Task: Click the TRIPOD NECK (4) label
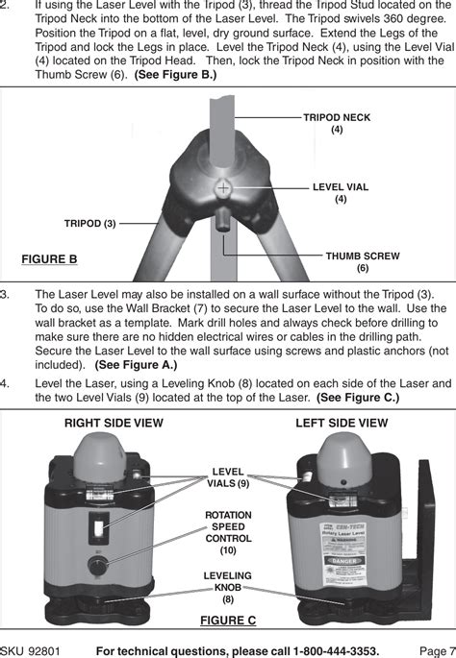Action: [x=337, y=123]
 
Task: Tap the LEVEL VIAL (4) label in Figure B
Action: [x=341, y=193]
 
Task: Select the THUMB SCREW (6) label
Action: [x=362, y=262]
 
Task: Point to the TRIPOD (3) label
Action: [x=89, y=223]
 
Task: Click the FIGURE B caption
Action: [x=49, y=259]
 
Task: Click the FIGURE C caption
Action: [x=228, y=620]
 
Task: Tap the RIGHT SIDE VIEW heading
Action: [x=114, y=423]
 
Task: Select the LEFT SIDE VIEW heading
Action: [x=342, y=423]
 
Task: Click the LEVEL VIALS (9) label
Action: [x=229, y=477]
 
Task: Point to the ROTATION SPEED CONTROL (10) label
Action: [x=228, y=532]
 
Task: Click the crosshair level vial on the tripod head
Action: [x=223, y=188]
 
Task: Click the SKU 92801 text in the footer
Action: [x=31, y=649]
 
